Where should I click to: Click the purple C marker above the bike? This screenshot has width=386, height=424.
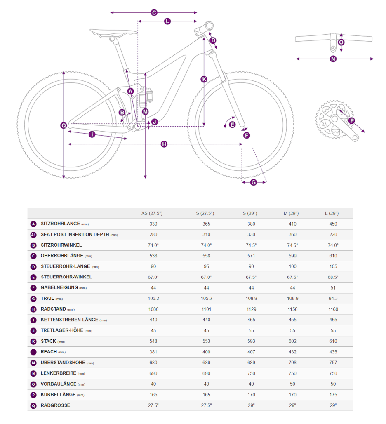pyautogui.click(x=154, y=13)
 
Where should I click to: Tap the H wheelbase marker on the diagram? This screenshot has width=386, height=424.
pyautogui.click(x=164, y=144)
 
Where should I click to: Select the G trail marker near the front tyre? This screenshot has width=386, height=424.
pyautogui.click(x=254, y=182)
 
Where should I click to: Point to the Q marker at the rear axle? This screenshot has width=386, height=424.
pyautogui.click(x=64, y=125)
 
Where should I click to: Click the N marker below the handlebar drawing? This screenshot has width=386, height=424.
pyautogui.click(x=333, y=59)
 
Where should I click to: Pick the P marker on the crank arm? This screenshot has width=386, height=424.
pyautogui.click(x=351, y=121)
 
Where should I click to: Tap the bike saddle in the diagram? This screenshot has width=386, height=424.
pyautogui.click(x=114, y=32)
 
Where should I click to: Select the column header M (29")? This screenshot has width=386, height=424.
pyautogui.click(x=291, y=213)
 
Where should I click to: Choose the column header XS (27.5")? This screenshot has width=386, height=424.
pyautogui.click(x=152, y=213)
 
